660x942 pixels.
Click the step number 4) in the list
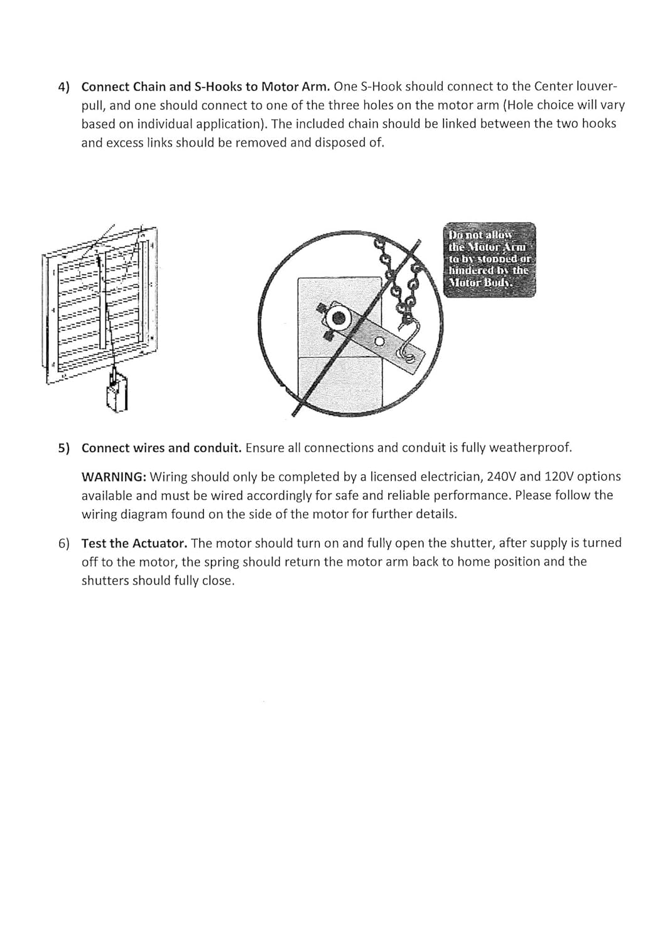[64, 87]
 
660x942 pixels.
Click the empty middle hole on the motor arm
[379, 342]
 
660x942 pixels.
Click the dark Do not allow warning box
[489, 259]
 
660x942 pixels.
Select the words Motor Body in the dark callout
[480, 282]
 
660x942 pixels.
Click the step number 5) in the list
[64, 448]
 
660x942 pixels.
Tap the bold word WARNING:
[114, 477]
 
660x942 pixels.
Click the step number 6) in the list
[64, 543]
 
